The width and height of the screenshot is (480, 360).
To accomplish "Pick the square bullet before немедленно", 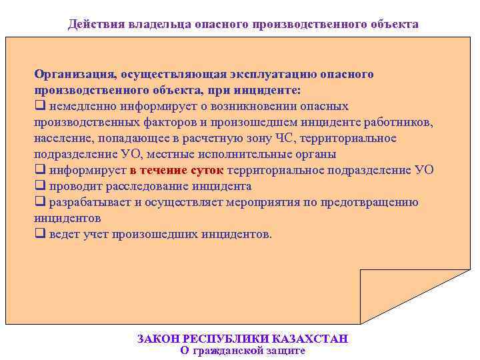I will tap(39, 106).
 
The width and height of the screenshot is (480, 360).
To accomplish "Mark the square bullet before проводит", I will tap(39, 186).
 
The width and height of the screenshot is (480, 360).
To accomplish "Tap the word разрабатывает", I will tap(89, 202).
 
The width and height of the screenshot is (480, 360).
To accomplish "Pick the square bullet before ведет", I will tap(39, 234).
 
